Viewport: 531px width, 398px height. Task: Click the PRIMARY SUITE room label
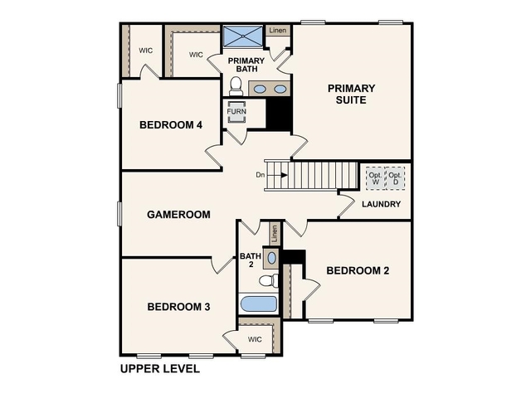(351, 95)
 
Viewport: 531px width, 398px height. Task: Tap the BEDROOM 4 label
(170, 125)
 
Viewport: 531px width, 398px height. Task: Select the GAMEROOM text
(178, 214)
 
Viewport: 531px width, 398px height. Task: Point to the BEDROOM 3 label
(178, 307)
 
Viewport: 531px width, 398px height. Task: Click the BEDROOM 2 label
(358, 270)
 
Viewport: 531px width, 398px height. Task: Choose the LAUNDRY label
(382, 204)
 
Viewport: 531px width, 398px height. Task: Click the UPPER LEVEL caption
(160, 369)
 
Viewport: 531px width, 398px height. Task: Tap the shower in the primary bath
(241, 36)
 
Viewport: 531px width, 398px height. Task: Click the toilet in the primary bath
(235, 86)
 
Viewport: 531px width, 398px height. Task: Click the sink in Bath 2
(272, 258)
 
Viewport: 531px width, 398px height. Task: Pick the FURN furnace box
(236, 111)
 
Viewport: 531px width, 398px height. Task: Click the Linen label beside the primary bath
(277, 31)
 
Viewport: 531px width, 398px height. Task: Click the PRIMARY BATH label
(247, 64)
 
